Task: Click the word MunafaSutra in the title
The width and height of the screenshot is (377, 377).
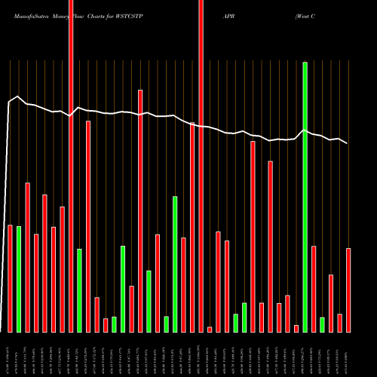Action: [26, 14]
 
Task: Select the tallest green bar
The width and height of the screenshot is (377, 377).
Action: [305, 196]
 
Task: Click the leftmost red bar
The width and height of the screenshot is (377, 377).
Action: [11, 278]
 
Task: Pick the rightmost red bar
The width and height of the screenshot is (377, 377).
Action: [348, 290]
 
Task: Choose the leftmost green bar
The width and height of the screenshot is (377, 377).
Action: [19, 279]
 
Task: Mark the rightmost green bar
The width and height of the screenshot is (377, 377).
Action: [322, 324]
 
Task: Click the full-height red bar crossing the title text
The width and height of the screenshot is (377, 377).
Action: [71, 166]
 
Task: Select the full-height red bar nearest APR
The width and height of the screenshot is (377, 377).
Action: [201, 166]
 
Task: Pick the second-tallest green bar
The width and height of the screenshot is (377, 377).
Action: [175, 264]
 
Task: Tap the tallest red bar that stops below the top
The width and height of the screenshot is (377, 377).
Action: [140, 211]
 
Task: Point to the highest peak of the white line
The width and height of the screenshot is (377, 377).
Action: [18, 97]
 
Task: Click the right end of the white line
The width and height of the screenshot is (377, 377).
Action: [348, 143]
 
